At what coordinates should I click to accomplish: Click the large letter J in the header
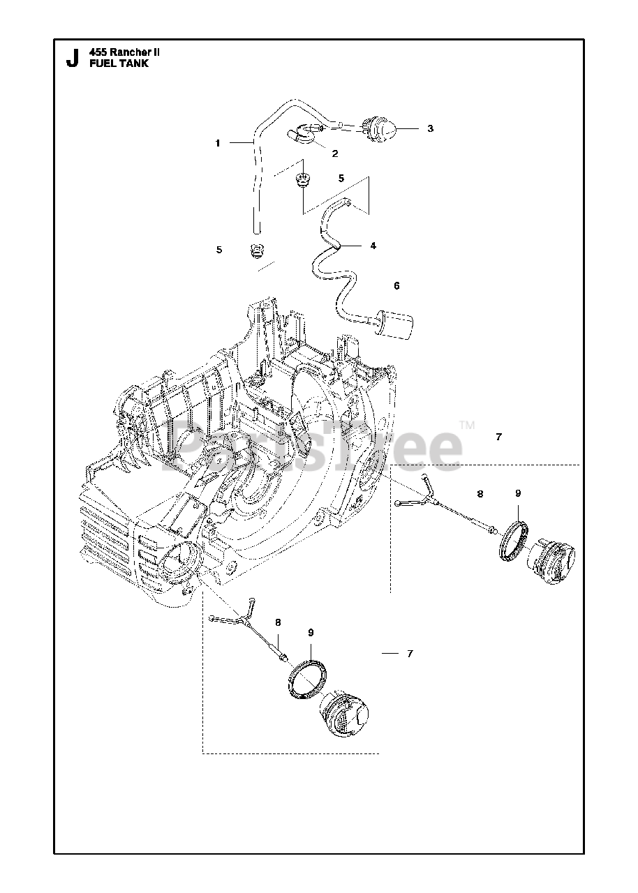pos(72,59)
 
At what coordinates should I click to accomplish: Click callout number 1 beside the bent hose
pos(218,143)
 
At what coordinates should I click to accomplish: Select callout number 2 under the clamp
pos(335,153)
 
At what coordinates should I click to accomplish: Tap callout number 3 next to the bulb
pos(431,128)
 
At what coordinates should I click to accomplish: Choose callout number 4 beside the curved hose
pos(373,246)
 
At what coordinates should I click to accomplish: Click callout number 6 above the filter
pos(396,286)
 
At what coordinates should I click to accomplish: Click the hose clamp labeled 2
pos(302,132)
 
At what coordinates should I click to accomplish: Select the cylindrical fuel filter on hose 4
pos(395,324)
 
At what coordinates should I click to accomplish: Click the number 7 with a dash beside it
pos(410,654)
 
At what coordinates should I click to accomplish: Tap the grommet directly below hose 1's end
pos(258,250)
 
